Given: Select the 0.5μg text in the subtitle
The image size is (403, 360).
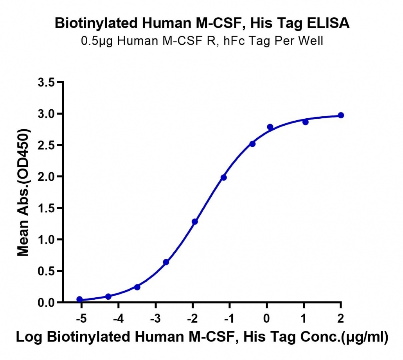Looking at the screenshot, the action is tap(97, 41).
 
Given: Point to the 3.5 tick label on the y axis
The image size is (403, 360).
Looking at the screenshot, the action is tap(47, 82).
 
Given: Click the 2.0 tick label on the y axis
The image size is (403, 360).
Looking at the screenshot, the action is tap(47, 177).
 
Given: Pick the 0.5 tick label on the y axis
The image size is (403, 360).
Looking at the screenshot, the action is tap(47, 271).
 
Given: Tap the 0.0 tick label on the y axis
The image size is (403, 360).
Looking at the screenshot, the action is tap(47, 303).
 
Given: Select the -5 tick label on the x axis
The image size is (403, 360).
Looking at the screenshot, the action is tap(81, 319).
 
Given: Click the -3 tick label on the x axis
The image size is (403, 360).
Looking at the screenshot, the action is tap(155, 319).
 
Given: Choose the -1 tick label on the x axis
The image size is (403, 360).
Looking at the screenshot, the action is tap(229, 319).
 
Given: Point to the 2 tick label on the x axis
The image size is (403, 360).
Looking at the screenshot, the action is tap(340, 319).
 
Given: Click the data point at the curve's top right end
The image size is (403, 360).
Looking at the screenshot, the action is tap(341, 115).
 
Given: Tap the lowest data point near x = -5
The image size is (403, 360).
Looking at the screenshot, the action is tap(79, 299).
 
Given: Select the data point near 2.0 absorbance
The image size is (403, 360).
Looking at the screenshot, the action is tap(223, 177).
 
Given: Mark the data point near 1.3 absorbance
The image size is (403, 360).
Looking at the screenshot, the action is tap(195, 222).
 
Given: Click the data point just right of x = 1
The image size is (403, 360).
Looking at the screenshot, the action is tap(305, 122).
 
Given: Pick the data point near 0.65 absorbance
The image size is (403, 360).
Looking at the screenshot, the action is tap(166, 262).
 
